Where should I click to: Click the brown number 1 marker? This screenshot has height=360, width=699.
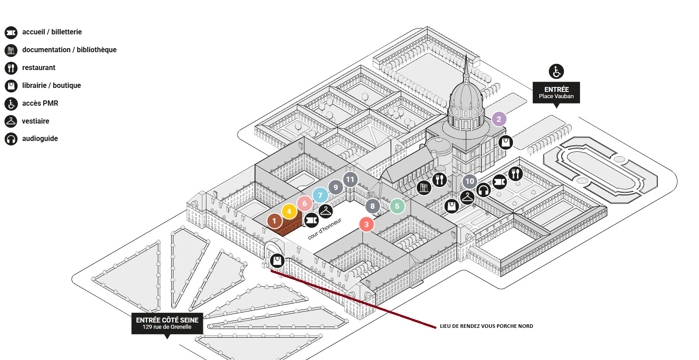[x=275, y=220]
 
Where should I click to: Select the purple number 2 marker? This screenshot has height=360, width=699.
[x=499, y=119]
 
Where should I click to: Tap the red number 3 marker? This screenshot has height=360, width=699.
[x=366, y=224]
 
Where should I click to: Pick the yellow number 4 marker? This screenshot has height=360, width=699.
[x=289, y=212]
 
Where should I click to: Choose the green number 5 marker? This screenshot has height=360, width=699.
[x=397, y=207]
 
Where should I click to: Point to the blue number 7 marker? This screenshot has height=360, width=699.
[x=320, y=195]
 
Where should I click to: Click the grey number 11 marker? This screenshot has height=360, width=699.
[x=350, y=180]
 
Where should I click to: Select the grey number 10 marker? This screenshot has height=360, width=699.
[x=469, y=181]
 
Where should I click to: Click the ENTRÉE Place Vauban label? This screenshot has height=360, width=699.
[x=556, y=92]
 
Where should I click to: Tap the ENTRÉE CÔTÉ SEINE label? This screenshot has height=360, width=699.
[x=167, y=323]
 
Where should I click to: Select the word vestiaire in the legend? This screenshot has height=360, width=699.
[x=36, y=121]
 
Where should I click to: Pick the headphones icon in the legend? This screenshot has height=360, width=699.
[x=11, y=139]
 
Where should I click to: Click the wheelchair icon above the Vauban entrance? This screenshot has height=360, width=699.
[x=556, y=71]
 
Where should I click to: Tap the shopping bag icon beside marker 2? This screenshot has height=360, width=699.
[x=506, y=142]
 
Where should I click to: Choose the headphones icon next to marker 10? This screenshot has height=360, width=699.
[x=484, y=190]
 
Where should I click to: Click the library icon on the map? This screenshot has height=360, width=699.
[x=424, y=187]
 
